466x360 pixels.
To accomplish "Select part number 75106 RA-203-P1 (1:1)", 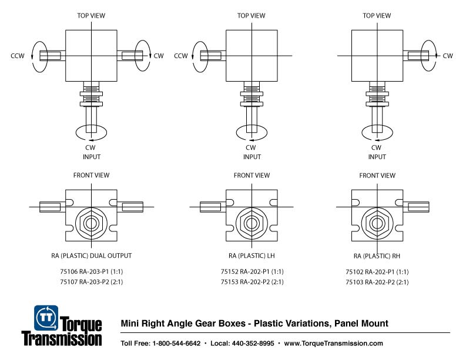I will [91, 272].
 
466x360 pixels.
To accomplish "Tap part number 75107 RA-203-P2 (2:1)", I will [91, 282].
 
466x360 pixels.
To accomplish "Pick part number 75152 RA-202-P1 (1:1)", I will [252, 272].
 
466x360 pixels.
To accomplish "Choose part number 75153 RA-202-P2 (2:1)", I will [252, 282].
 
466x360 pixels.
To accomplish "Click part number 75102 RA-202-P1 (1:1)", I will [377, 272].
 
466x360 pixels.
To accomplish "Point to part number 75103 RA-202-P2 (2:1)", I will [377, 282].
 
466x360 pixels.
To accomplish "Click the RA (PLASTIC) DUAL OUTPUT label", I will [91, 255].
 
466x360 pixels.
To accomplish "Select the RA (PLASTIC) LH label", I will [252, 255].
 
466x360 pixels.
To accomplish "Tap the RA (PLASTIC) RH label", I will [377, 255].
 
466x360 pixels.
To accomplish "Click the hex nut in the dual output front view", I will [91, 224].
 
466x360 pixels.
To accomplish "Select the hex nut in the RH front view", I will [377, 224].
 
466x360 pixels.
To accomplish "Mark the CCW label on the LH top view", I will [180, 56].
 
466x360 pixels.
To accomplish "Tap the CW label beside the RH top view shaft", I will [447, 56].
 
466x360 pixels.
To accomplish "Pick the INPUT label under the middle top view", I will [252, 157].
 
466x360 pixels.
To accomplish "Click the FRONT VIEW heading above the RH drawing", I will [377, 175].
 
